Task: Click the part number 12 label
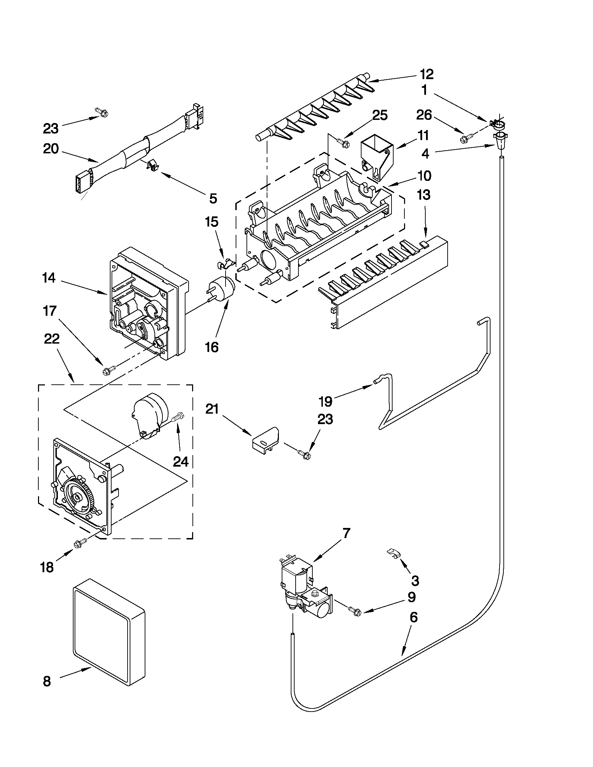pyautogui.click(x=426, y=74)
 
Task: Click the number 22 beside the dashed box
pyautogui.click(x=52, y=339)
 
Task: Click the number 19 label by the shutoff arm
pyautogui.click(x=326, y=401)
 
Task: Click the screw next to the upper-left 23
pyautogui.click(x=102, y=113)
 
